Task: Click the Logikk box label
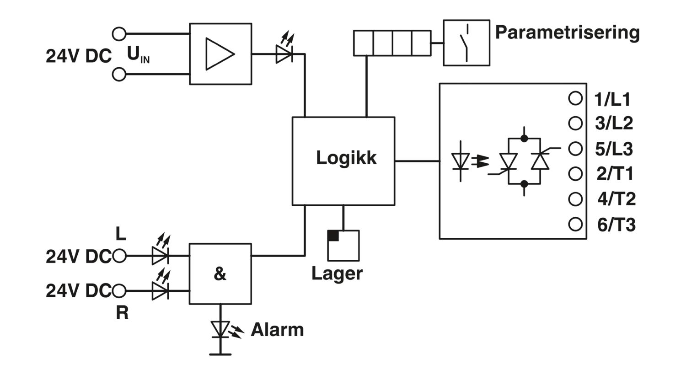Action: [346, 158]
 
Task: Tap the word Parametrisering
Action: [568, 33]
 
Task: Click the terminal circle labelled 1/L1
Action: [575, 98]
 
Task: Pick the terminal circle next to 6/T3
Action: [575, 224]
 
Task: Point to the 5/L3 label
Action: [614, 149]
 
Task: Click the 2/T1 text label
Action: [615, 174]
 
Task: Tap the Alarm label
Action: [277, 330]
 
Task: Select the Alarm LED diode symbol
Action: [220, 329]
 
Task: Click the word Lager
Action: [337, 274]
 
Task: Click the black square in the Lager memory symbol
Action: [333, 236]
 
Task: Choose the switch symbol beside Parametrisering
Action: [466, 43]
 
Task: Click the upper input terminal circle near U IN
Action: [119, 34]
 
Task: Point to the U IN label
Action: [138, 55]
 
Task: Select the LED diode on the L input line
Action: [160, 256]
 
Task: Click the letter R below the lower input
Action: [122, 313]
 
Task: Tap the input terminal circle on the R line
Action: [119, 290]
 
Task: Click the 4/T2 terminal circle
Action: [575, 199]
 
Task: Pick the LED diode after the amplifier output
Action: [284, 54]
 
